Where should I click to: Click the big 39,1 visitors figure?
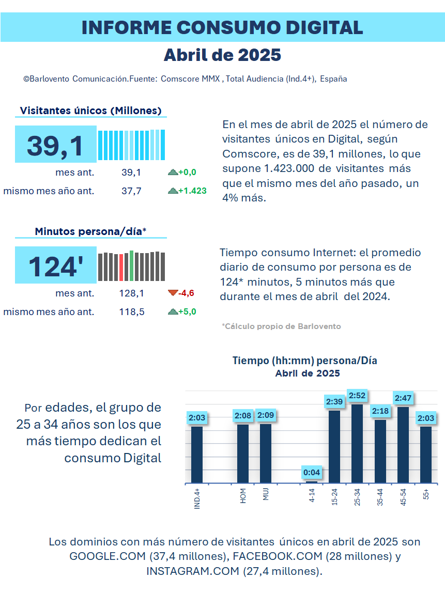pyautogui.click(x=55, y=146)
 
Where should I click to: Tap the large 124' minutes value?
pyautogui.click(x=56, y=267)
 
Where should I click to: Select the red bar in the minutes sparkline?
pyautogui.click(x=121, y=268)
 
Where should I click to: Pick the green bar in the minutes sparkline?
pyautogui.click(x=131, y=266)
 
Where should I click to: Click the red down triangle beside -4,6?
pyautogui.click(x=173, y=293)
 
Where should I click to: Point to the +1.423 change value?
pyautogui.click(x=193, y=191)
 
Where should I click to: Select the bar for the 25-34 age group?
pyautogui.click(x=357, y=444)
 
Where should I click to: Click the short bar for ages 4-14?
pyautogui.click(x=312, y=482)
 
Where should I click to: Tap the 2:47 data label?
pyautogui.click(x=403, y=398)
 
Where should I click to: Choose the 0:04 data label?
pyautogui.click(x=312, y=473)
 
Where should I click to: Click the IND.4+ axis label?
pyautogui.click(x=197, y=498)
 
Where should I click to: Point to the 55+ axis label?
pyautogui.click(x=426, y=494)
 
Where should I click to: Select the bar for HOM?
pyautogui.click(x=243, y=454)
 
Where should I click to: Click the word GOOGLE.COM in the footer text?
pyautogui.click(x=108, y=556)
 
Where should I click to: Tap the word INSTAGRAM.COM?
pyautogui.click(x=193, y=571)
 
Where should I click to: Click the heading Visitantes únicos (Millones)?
pyautogui.click(x=90, y=111)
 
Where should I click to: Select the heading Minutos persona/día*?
pyautogui.click(x=90, y=231)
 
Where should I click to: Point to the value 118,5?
pyautogui.click(x=132, y=312)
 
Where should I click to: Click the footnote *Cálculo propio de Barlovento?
pyautogui.click(x=281, y=326)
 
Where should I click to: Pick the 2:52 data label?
pyautogui.click(x=357, y=396)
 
